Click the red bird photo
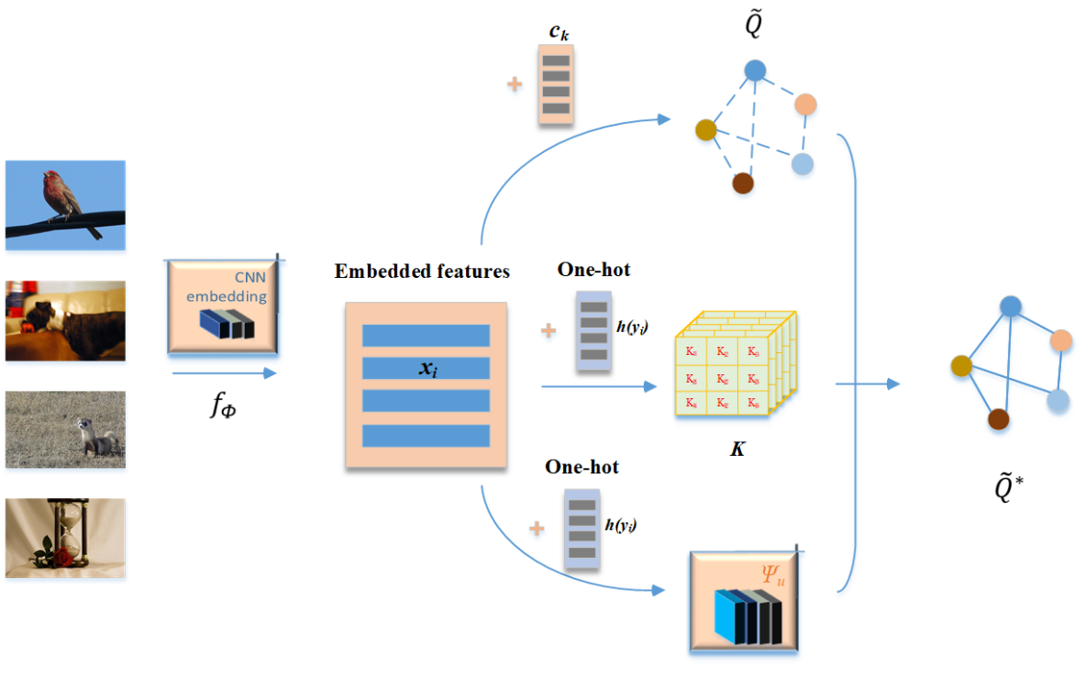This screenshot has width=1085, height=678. tap(65, 206)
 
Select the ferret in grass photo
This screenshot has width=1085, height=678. tap(65, 429)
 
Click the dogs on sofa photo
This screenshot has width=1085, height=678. tap(65, 320)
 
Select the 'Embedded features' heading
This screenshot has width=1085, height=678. tap(422, 272)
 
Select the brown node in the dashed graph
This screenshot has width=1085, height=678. tap(743, 183)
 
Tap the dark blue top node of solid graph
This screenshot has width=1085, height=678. tap(1010, 306)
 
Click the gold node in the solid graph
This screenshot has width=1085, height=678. tap(961, 367)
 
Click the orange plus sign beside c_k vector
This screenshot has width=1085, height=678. tap(515, 85)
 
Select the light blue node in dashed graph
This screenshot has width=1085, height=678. tap(803, 164)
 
